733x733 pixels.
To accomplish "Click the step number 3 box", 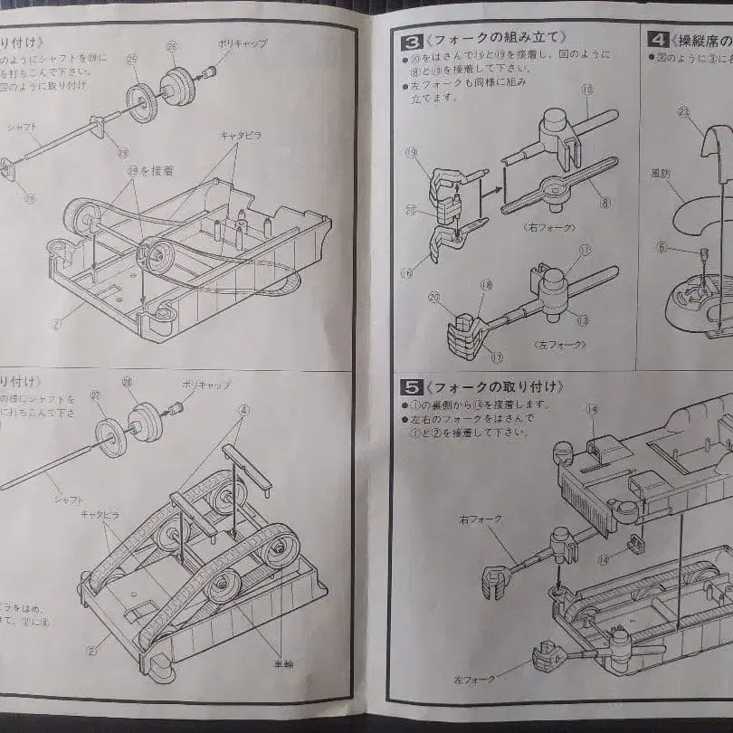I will point(410,39).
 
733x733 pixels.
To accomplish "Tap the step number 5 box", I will point(410,387).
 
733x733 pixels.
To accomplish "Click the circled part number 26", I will point(173,46).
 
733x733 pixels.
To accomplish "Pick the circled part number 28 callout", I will point(128,384).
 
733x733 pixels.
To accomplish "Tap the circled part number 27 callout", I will point(94,395).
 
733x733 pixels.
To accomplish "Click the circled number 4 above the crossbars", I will point(243,408).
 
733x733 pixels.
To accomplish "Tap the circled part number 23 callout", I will point(684,111).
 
